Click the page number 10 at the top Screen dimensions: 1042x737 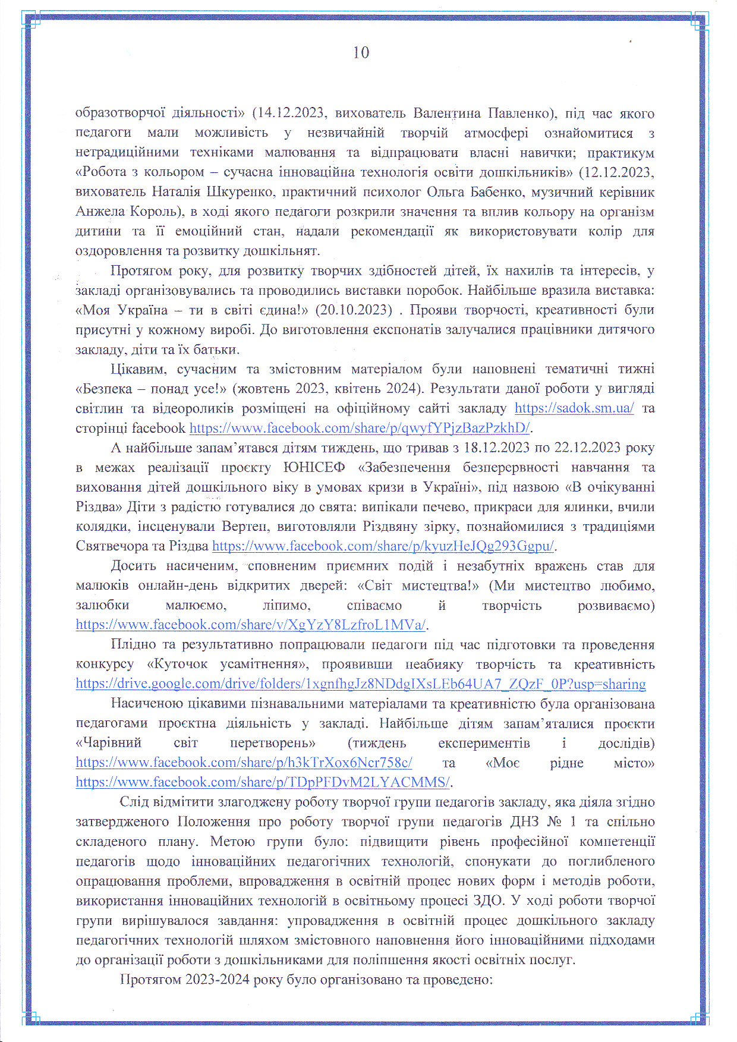(x=361, y=53)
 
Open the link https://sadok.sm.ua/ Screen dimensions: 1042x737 (x=574, y=408)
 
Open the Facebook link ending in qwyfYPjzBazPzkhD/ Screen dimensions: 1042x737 (x=360, y=428)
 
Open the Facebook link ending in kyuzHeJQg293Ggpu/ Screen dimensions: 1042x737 (x=383, y=546)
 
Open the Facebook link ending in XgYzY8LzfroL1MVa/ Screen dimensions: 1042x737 (x=251, y=625)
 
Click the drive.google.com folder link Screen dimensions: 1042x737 (x=360, y=684)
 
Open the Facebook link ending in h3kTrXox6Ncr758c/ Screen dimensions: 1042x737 (x=244, y=762)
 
